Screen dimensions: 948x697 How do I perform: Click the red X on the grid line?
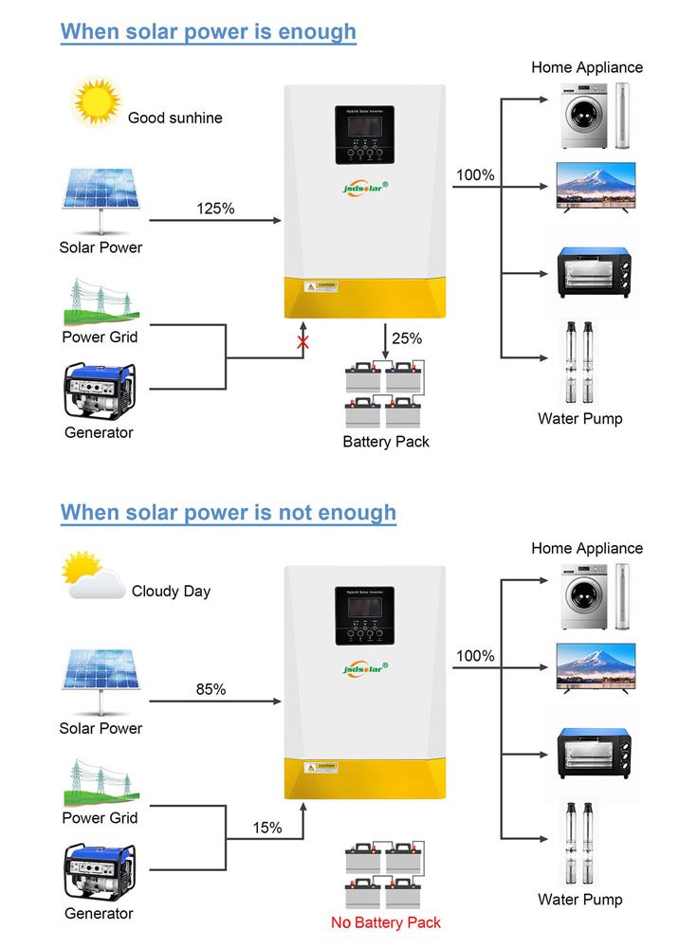point(303,343)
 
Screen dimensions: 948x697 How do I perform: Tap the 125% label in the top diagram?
point(215,209)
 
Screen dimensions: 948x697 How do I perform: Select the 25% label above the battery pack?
point(406,337)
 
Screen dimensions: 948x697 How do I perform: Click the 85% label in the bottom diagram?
point(211,689)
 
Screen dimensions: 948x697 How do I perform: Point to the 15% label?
point(267,828)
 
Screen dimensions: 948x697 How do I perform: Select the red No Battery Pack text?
point(386,922)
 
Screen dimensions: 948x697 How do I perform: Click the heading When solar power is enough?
point(209,31)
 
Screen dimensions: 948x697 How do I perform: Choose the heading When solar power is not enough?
point(229,513)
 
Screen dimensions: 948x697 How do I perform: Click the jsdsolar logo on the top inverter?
point(364,187)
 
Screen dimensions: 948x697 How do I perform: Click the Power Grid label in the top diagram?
point(100,337)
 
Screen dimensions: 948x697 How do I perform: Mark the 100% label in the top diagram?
point(475,175)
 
